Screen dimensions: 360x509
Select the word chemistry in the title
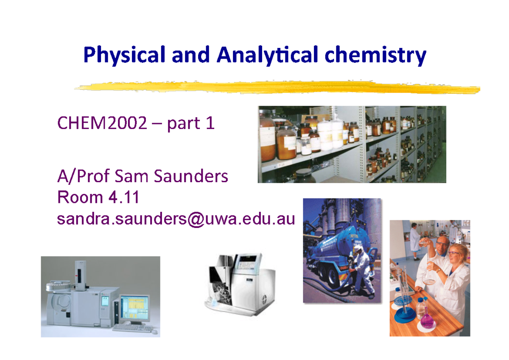(375, 56)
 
